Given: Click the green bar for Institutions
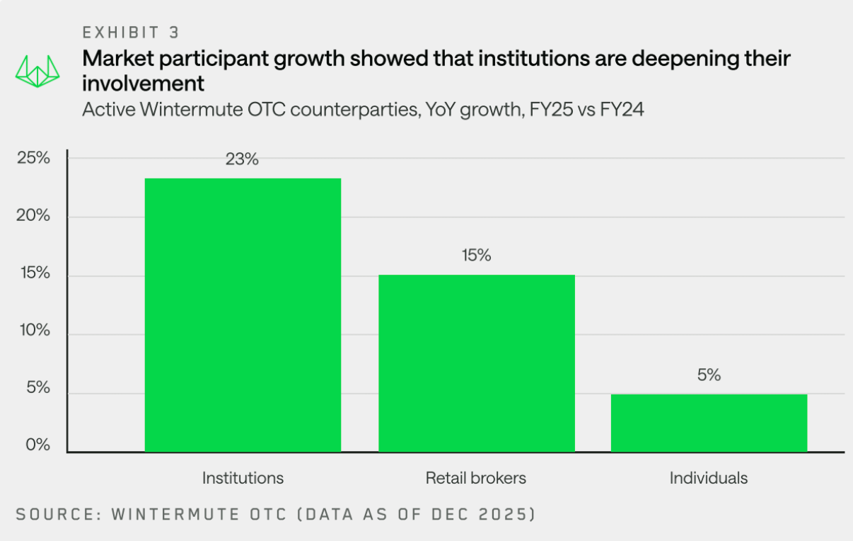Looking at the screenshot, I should tap(243, 315).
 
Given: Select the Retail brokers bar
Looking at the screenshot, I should tap(476, 363).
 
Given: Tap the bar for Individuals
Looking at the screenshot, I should tap(709, 423).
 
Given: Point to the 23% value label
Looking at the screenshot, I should tap(242, 159).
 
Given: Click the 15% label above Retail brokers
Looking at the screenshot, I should tap(476, 256).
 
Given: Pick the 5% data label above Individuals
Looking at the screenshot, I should tap(709, 375).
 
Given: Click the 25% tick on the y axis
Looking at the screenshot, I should tap(33, 158).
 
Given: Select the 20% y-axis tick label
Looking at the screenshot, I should tap(33, 216).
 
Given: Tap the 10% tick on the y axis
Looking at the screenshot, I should tap(33, 331).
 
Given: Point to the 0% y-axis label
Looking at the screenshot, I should tap(37, 445).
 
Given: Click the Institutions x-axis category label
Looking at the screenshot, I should tap(243, 478).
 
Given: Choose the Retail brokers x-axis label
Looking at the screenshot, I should tap(476, 478).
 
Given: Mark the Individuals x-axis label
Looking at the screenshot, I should tap(709, 478).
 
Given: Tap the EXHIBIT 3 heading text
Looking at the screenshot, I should tap(131, 33).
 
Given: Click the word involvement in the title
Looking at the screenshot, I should tap(144, 84).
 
